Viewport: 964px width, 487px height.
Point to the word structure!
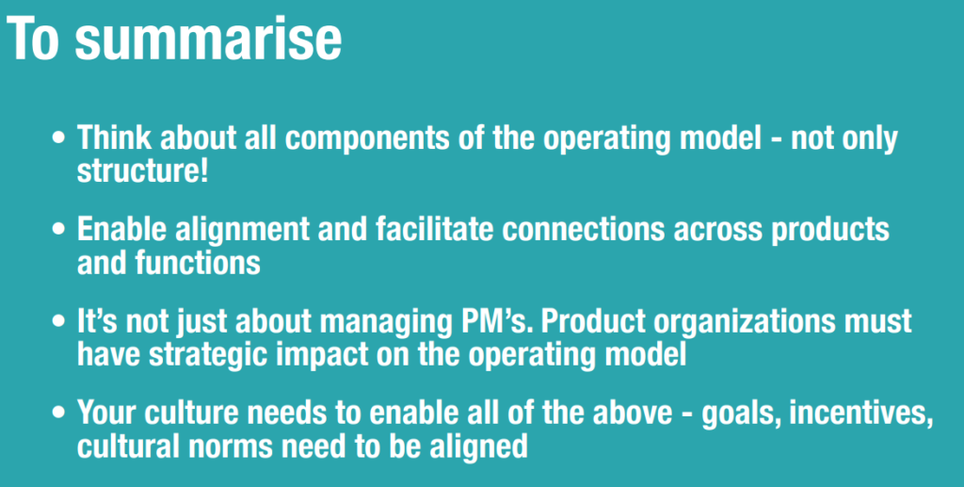point(143,171)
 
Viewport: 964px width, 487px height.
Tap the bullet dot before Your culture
point(59,414)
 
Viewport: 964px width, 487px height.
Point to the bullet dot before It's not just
point(59,321)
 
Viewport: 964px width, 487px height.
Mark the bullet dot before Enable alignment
point(59,230)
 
